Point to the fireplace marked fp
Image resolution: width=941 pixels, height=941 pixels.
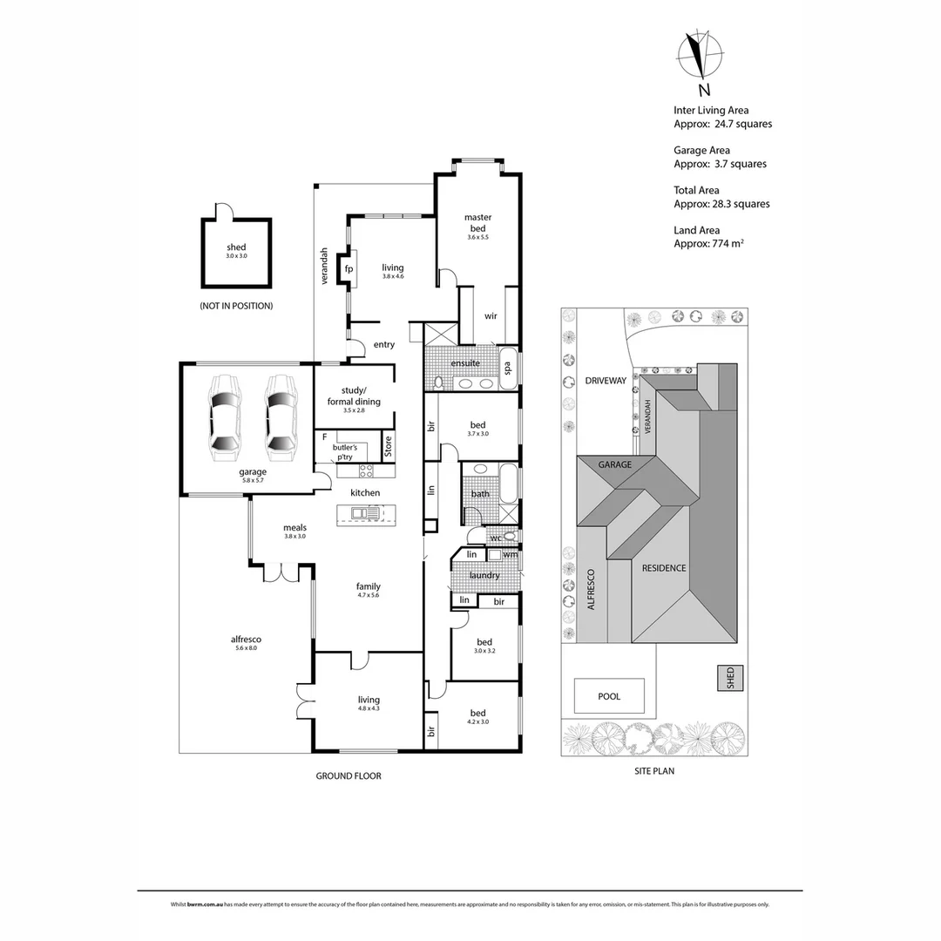(x=349, y=268)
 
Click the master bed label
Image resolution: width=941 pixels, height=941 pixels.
(x=477, y=222)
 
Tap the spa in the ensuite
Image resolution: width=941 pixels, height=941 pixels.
(x=508, y=368)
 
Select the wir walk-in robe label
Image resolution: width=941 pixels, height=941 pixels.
(x=491, y=315)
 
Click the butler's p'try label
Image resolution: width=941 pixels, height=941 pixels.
(x=344, y=450)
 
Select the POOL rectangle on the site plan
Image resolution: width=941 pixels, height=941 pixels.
(x=609, y=696)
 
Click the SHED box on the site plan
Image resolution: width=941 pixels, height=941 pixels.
(x=730, y=678)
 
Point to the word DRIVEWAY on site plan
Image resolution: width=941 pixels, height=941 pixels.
(x=606, y=381)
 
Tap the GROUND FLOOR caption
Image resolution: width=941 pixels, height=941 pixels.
(x=349, y=775)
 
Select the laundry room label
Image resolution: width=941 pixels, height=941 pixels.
(x=484, y=575)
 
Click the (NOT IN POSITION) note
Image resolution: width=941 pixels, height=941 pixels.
(x=236, y=306)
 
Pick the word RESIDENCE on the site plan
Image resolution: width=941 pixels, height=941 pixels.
(x=664, y=568)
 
